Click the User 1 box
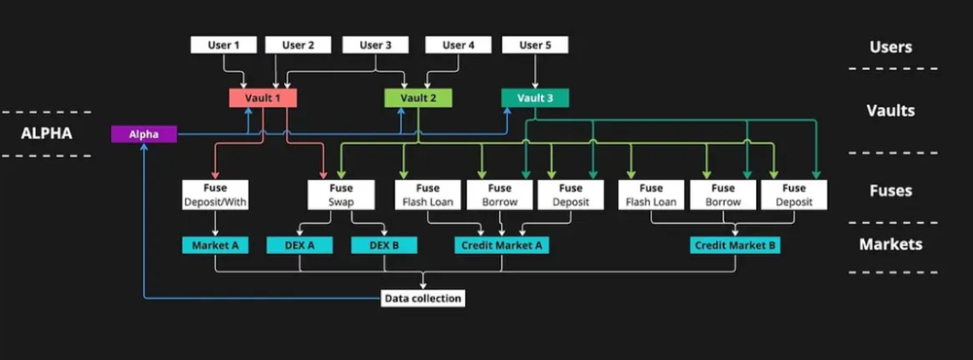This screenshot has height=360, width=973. (x=223, y=45)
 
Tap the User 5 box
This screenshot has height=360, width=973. (x=534, y=45)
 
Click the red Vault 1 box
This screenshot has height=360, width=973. (x=263, y=98)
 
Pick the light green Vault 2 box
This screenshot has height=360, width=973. (x=417, y=98)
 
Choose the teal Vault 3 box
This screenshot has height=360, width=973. (x=534, y=98)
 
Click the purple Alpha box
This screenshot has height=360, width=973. (x=144, y=134)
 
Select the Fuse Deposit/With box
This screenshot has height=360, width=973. (x=214, y=195)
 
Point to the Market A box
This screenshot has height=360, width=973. (x=214, y=245)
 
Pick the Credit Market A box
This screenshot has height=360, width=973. (x=501, y=245)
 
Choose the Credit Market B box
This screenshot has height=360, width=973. (x=735, y=245)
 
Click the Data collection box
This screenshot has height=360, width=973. (x=421, y=298)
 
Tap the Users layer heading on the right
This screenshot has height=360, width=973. (x=890, y=47)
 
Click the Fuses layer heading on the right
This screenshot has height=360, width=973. (x=890, y=192)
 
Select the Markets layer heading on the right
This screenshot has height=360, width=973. (x=890, y=245)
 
